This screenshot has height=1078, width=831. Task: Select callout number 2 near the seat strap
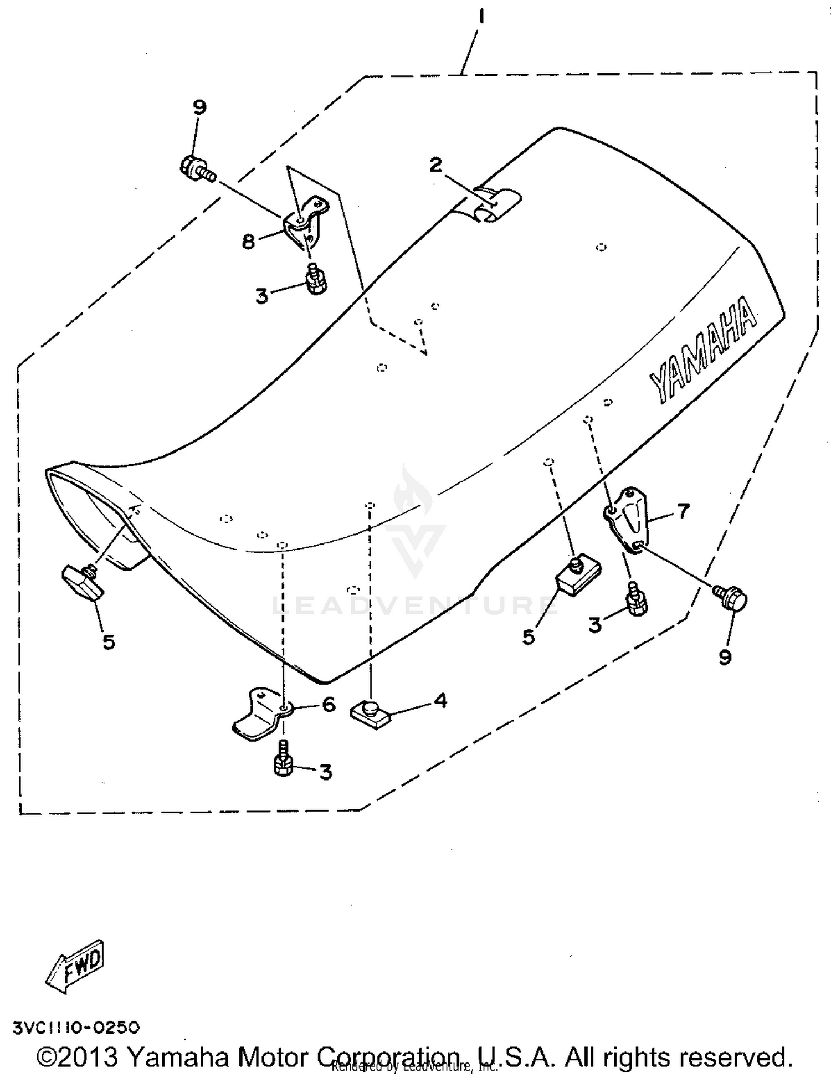pyautogui.click(x=437, y=165)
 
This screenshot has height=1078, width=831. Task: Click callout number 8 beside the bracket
pyautogui.click(x=249, y=241)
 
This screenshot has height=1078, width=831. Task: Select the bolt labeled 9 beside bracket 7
pyautogui.click(x=731, y=598)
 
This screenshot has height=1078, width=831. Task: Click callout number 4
pyautogui.click(x=440, y=701)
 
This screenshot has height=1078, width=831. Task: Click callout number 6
pyautogui.click(x=329, y=705)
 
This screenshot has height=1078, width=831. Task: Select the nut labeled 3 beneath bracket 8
pyautogui.click(x=315, y=280)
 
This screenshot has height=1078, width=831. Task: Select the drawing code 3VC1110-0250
pyautogui.click(x=76, y=1028)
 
